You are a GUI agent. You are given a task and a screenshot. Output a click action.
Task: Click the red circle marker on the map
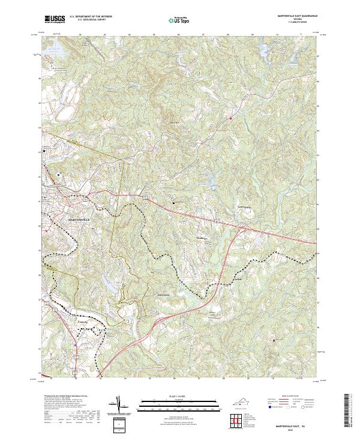(x=230, y=118)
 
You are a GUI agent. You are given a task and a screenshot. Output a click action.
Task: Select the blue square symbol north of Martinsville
(x=59, y=175)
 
